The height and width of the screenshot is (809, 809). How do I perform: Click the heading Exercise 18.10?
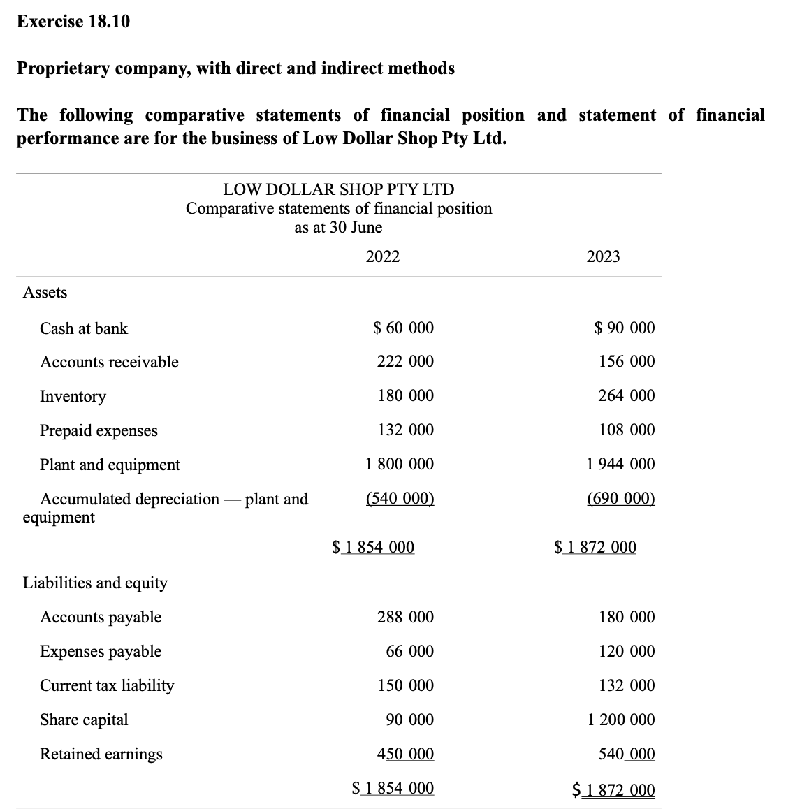[73, 22]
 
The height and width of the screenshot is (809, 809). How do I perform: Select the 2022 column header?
[383, 256]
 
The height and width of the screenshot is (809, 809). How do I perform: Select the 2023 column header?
[603, 256]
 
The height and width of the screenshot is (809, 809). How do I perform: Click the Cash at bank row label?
[84, 328]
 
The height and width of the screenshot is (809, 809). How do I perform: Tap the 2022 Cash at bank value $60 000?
[403, 328]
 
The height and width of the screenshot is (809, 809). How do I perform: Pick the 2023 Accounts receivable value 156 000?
[627, 361]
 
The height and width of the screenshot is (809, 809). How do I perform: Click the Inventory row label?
[73, 396]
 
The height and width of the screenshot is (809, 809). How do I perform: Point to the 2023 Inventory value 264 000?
[627, 395]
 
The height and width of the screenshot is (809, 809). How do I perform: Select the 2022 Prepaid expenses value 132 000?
[405, 430]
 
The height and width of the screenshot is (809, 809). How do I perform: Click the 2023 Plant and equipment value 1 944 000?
[621, 464]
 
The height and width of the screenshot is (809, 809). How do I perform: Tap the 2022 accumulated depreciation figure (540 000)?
[400, 499]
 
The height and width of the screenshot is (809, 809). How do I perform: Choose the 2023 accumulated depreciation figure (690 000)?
[621, 499]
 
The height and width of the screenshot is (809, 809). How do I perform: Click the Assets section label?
[45, 292]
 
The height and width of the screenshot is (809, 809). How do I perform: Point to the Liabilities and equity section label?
[95, 583]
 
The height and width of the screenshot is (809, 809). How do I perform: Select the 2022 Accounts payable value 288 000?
[405, 617]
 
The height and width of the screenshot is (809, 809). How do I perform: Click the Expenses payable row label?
[101, 651]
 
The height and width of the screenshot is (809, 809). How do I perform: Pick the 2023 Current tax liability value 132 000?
[627, 685]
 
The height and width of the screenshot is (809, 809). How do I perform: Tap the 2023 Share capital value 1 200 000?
[621, 720]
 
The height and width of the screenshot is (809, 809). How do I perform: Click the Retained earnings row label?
[101, 754]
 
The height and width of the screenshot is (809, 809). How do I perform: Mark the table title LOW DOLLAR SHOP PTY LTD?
[338, 189]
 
